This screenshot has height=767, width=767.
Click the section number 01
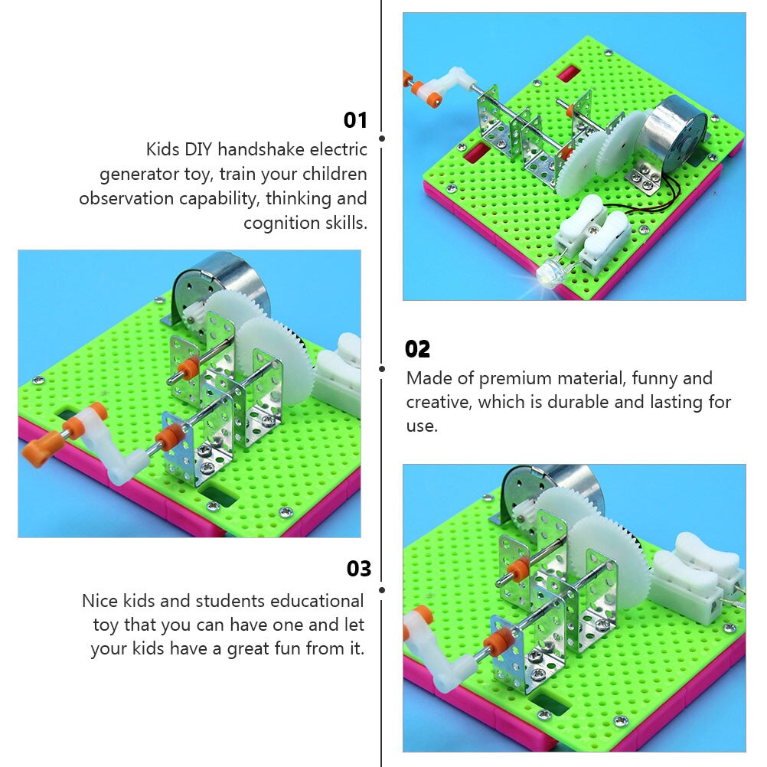pos(355,120)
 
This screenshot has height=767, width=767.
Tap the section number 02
pos(417,349)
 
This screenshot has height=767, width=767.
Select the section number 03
pos(358,569)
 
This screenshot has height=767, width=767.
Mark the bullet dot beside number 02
pos(381,369)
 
